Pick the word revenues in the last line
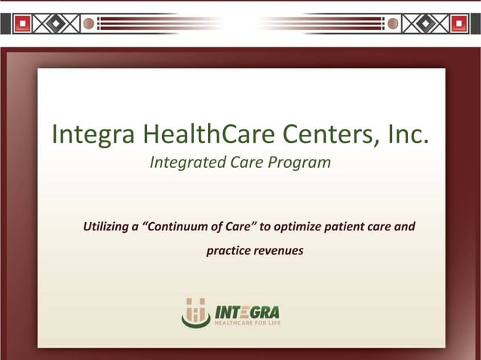pos(279,250)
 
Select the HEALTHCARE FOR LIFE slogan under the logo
pos(247,322)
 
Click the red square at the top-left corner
pos(23,24)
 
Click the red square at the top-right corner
pos(458,24)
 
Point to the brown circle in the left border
pos(89,24)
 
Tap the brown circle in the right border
pos(392,24)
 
